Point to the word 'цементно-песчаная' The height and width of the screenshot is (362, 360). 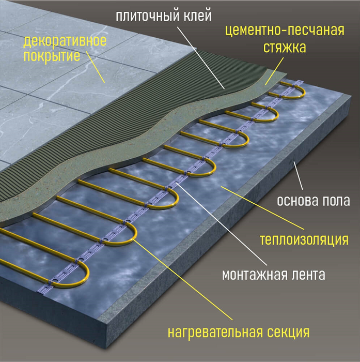tap(285, 31)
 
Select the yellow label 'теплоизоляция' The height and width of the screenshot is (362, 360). tap(303, 239)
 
